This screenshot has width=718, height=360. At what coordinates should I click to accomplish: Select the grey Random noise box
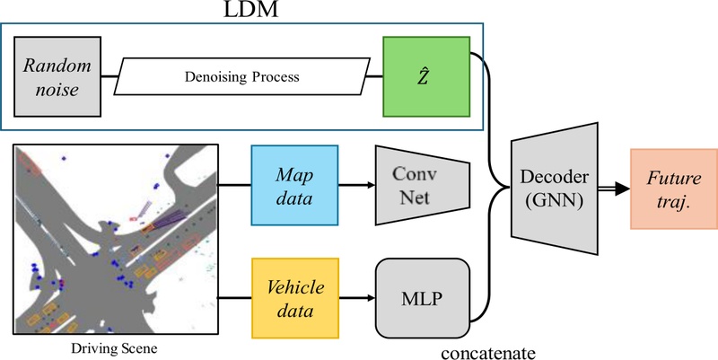pos(53,76)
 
